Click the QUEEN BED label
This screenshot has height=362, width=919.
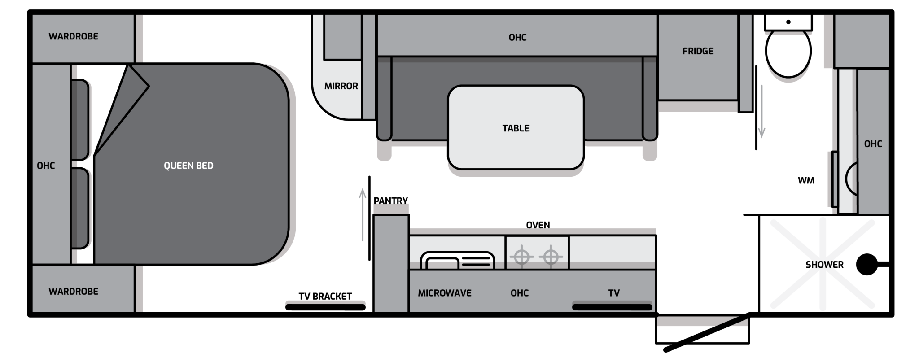(188, 166)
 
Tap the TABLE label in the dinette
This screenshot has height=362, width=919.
(516, 128)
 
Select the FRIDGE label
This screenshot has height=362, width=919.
(698, 51)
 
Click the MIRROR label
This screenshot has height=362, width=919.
(341, 86)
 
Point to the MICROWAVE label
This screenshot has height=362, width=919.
(445, 293)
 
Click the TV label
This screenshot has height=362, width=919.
(614, 293)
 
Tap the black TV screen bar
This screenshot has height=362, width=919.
(612, 307)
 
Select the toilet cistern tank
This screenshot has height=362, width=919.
(788, 22)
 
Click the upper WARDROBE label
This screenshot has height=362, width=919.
(74, 36)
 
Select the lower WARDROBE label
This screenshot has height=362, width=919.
(74, 292)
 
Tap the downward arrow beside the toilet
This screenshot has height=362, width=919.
(761, 112)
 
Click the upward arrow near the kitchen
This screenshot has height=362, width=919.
(363, 215)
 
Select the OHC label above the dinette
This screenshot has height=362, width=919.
(517, 38)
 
